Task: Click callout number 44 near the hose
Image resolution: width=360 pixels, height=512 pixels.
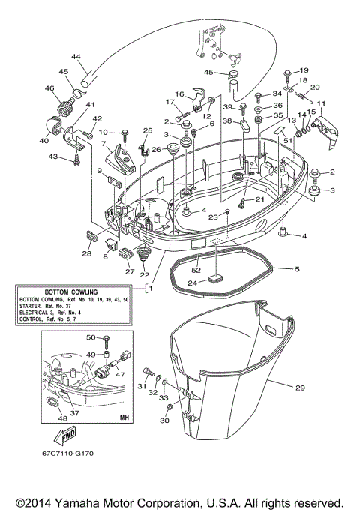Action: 76,57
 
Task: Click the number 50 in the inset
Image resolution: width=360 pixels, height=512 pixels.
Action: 90,338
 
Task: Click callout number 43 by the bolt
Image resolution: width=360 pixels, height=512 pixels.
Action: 52,156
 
